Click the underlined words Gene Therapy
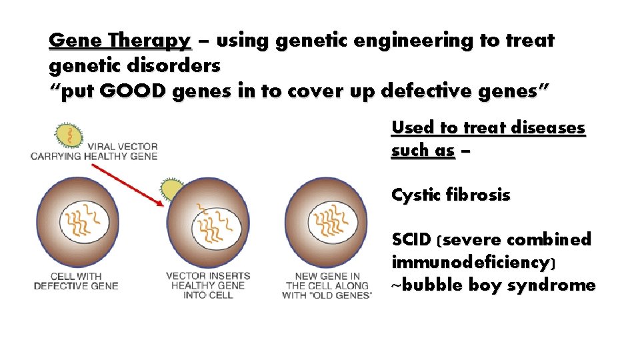120,41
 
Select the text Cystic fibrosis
451,195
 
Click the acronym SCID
411,239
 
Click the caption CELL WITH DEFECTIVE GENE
76,281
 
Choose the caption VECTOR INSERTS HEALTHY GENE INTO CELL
208,285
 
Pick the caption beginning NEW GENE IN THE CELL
327,285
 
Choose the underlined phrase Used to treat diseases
488,127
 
